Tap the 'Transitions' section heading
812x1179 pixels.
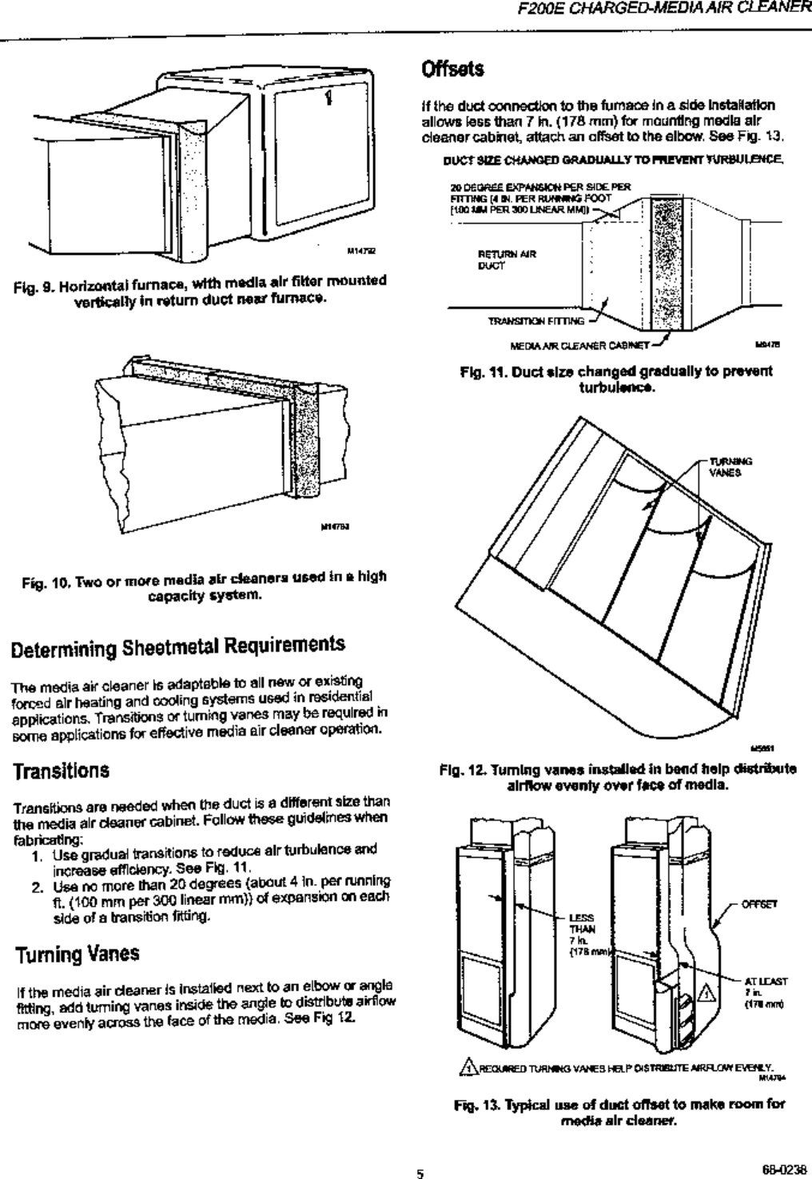click(x=59, y=772)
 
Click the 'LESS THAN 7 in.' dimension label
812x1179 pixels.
click(x=579, y=930)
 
